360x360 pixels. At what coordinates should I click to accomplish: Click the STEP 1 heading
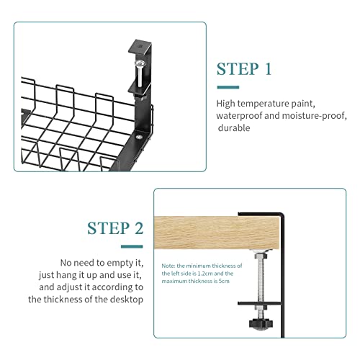(244, 69)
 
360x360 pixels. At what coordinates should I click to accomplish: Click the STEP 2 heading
(114, 228)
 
